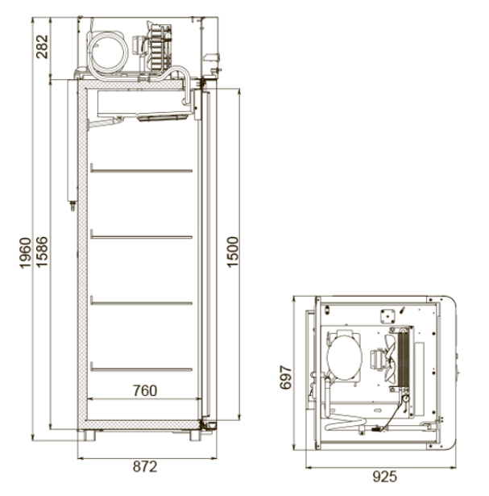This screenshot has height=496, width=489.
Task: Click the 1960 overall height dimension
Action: [x=25, y=252]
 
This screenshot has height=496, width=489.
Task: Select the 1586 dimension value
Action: [x=42, y=252]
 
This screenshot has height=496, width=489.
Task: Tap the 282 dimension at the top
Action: [x=42, y=47]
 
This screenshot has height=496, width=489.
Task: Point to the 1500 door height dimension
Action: [x=233, y=252]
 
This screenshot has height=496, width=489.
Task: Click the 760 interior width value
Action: [x=145, y=390]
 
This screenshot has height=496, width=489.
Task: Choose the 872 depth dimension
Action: [x=145, y=467]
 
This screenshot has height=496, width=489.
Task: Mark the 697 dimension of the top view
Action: [x=285, y=377]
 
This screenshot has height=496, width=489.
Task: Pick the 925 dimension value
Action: [x=385, y=477]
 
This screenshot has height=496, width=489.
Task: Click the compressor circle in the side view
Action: [x=108, y=52]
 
